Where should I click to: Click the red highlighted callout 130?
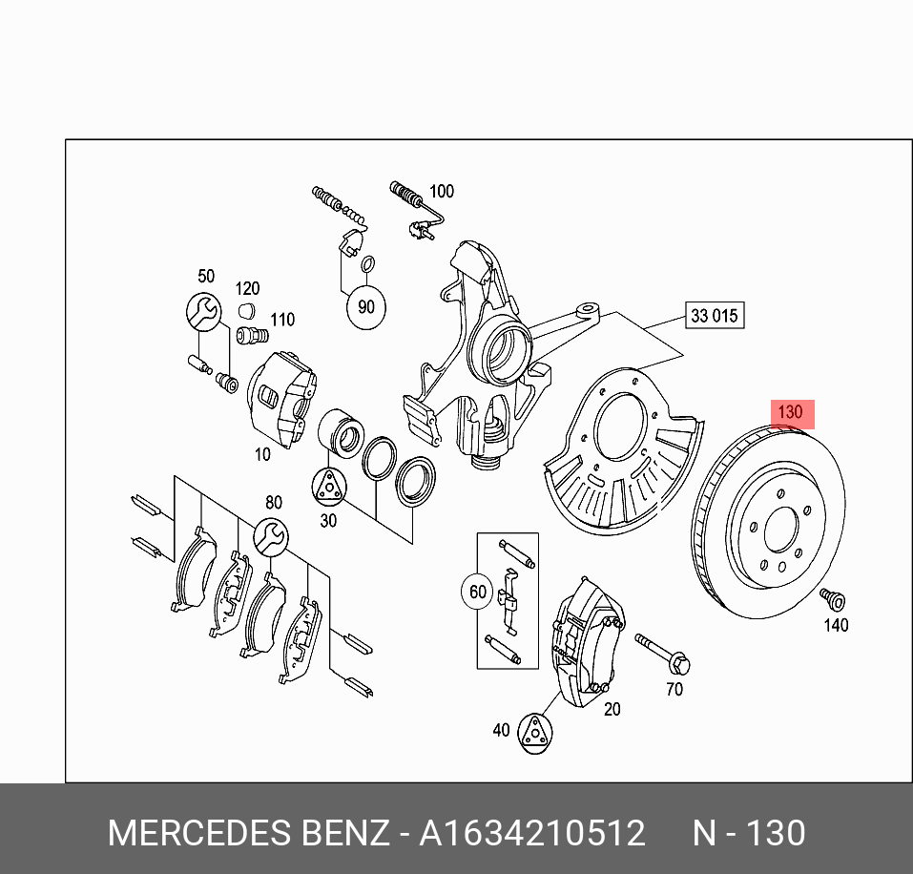(791, 412)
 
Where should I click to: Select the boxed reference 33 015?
(714, 315)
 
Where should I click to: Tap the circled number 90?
(365, 306)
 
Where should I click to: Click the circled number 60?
(478, 593)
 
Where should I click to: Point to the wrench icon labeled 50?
(203, 310)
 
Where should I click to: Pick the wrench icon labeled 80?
(270, 536)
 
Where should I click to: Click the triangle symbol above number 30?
(328, 487)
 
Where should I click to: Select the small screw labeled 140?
(833, 599)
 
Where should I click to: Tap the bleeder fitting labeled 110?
(250, 336)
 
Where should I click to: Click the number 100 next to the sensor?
(441, 192)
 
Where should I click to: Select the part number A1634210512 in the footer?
(532, 833)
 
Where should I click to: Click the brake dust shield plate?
(620, 448)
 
